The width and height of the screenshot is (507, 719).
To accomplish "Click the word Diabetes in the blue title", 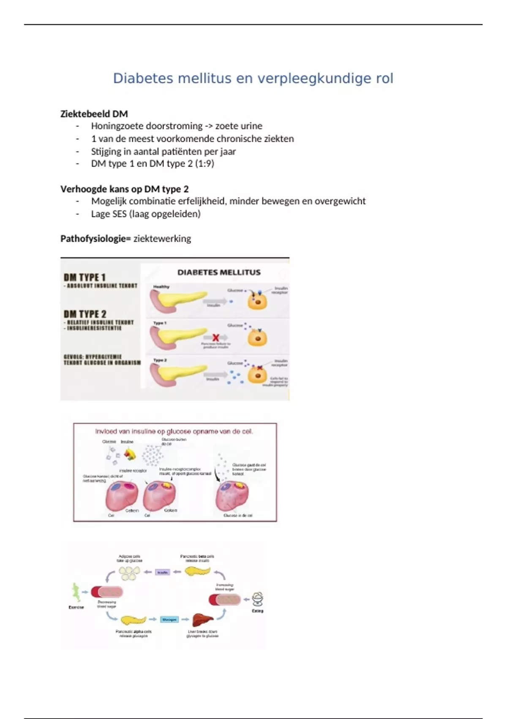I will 143,78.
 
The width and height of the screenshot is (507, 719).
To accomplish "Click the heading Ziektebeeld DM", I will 94,114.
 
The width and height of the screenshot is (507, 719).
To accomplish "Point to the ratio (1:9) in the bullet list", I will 204,164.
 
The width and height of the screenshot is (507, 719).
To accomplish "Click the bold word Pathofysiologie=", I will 95,239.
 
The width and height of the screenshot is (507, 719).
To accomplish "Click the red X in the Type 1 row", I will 215,338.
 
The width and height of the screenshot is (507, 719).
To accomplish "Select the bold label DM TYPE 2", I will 85,314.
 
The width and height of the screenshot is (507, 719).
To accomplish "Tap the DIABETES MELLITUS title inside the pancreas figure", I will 219,272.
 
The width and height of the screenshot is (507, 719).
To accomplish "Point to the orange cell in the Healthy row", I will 257,302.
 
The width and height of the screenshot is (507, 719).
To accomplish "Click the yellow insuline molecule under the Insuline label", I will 130,454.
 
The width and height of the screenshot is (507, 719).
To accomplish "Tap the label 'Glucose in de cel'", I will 238,516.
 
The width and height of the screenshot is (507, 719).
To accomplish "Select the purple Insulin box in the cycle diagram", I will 163,572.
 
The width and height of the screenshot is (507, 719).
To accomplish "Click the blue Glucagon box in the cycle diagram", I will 169,620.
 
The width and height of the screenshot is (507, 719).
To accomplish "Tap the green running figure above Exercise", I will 76,592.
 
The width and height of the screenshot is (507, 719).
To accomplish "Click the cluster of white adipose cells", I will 129,573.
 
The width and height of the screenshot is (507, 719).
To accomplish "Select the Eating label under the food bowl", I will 257,611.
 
